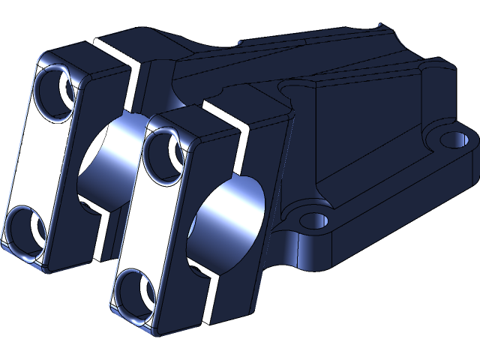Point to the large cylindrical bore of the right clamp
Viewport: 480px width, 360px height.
[x=229, y=217]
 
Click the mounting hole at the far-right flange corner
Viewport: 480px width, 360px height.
[x=453, y=139]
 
